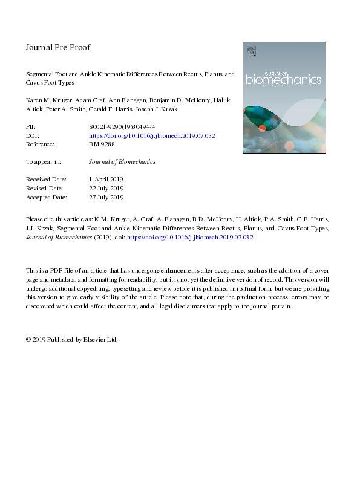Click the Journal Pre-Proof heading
coord(57,47)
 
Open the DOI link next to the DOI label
coord(152,136)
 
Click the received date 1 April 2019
coord(106,180)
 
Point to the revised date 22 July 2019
coord(106,189)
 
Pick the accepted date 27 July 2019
coord(106,197)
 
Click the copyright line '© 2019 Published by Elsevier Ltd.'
coord(72,339)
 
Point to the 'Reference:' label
coord(41,144)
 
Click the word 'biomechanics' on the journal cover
coord(283,79)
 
